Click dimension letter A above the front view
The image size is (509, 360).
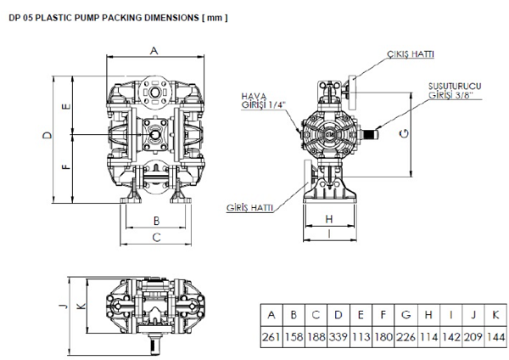pyautogui.click(x=154, y=51)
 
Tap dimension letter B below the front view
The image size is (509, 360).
pyautogui.click(x=156, y=221)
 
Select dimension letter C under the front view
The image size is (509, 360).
pyautogui.click(x=156, y=238)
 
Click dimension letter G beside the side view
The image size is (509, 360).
pyautogui.click(x=406, y=134)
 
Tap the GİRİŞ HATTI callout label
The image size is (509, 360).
pyautogui.click(x=249, y=207)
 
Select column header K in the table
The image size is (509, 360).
pyautogui.click(x=495, y=315)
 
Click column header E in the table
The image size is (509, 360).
pyautogui.click(x=361, y=315)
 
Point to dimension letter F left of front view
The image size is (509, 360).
pyautogui.click(x=66, y=167)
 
